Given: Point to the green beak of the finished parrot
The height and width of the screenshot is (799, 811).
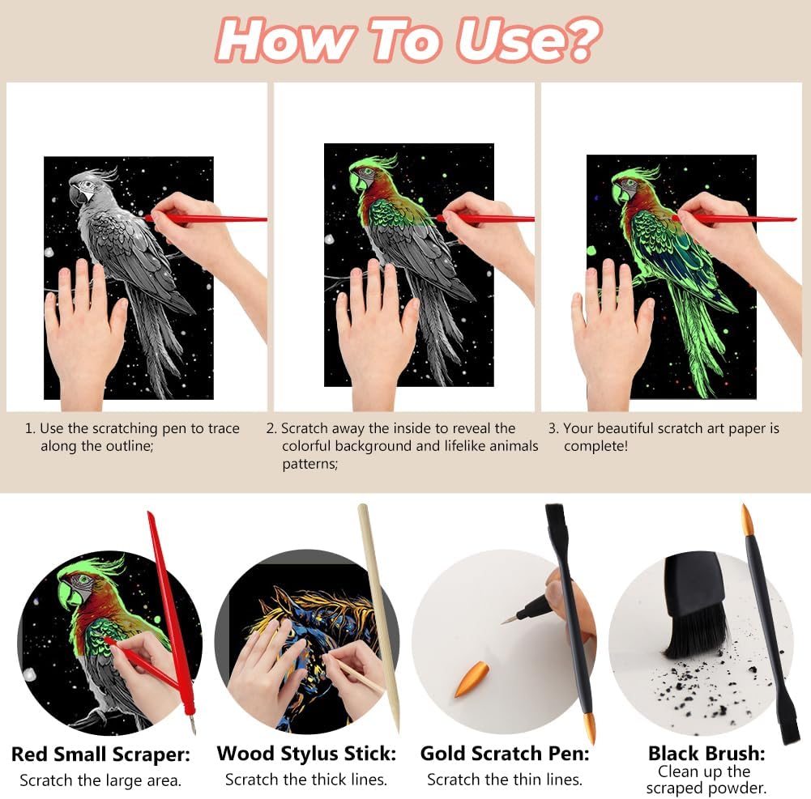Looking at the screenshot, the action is (x=620, y=192).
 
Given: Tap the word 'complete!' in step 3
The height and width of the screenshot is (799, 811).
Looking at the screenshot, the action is (x=595, y=447).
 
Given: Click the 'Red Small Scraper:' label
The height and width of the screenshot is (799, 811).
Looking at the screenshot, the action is (x=100, y=754).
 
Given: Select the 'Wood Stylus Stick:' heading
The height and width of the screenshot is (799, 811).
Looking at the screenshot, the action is (x=306, y=754).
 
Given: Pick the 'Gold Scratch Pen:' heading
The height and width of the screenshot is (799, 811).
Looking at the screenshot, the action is (x=505, y=754).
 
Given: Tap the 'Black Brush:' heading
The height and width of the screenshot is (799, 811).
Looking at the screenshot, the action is (x=706, y=753).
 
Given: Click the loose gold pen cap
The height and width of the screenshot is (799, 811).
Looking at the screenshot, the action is (x=472, y=679).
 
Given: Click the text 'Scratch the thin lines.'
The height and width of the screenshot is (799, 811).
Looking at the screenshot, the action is (x=505, y=780).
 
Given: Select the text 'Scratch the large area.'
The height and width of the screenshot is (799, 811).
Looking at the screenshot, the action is (x=100, y=780).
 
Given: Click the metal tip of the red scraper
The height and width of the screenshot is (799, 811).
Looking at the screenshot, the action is (x=192, y=723).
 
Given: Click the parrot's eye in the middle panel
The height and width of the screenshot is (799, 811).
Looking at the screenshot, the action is (x=368, y=172).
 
